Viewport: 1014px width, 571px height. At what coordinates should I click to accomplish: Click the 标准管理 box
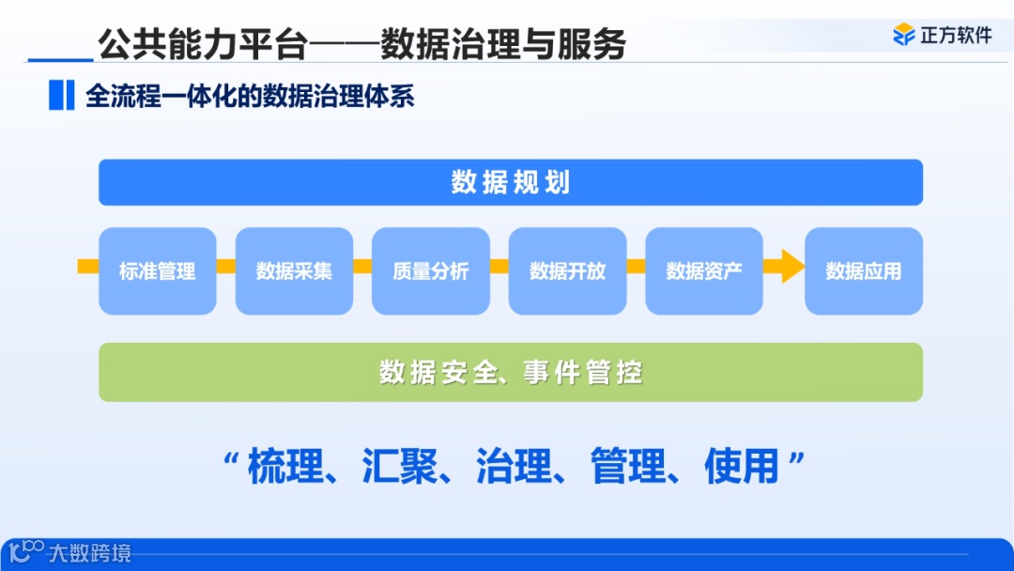[x=158, y=271]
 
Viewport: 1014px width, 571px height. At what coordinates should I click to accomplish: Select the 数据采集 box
[x=294, y=271]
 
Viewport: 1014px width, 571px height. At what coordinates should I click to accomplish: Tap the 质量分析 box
[x=431, y=271]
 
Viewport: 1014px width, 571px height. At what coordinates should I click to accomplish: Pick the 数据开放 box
[x=567, y=271]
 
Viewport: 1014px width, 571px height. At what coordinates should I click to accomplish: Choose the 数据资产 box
[x=704, y=271]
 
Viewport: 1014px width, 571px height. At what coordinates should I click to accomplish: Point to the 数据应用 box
[x=864, y=271]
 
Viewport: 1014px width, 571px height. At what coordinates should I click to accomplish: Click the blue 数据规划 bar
[x=511, y=182]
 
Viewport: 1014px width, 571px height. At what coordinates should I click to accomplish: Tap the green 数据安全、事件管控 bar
[x=511, y=373]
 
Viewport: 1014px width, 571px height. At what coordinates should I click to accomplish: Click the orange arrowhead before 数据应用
[x=791, y=267]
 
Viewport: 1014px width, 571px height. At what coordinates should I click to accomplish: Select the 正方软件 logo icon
[x=903, y=36]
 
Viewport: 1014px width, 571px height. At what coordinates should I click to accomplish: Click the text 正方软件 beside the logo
[x=956, y=36]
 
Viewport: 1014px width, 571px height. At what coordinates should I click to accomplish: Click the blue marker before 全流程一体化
[x=61, y=96]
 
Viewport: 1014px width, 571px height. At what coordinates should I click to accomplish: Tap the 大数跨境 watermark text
[x=90, y=552]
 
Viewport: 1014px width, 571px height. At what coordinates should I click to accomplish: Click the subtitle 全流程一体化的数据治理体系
[x=250, y=96]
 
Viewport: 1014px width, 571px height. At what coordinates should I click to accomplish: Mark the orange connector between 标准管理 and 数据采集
[x=225, y=267]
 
